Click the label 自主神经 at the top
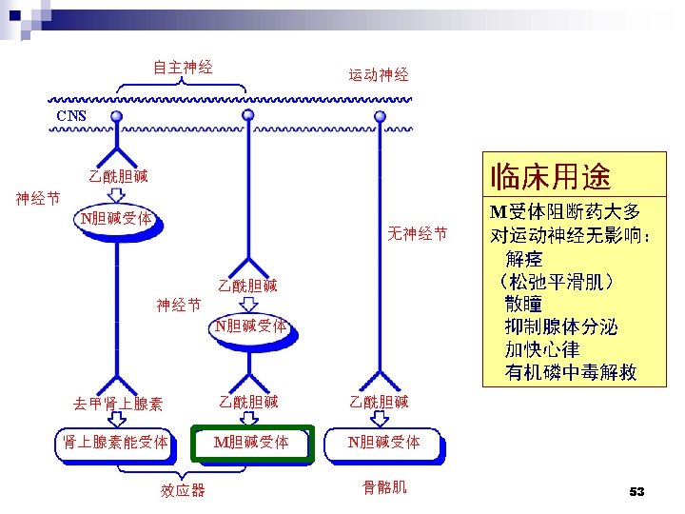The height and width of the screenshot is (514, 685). (x=183, y=67)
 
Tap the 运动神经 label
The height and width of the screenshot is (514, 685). (x=378, y=74)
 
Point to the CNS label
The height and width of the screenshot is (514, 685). (x=70, y=116)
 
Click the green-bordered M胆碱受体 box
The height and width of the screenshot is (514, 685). (x=252, y=443)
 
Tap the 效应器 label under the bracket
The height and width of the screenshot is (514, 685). (x=183, y=490)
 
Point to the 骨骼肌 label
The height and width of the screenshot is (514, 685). (x=384, y=486)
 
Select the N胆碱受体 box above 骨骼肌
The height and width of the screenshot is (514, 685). (x=384, y=443)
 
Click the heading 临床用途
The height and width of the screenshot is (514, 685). (x=549, y=175)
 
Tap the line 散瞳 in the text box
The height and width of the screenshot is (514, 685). (x=524, y=304)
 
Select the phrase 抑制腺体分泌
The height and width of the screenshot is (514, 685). (x=561, y=326)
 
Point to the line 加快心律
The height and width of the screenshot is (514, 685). (x=542, y=349)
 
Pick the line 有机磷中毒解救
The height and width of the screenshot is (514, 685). (x=571, y=372)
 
